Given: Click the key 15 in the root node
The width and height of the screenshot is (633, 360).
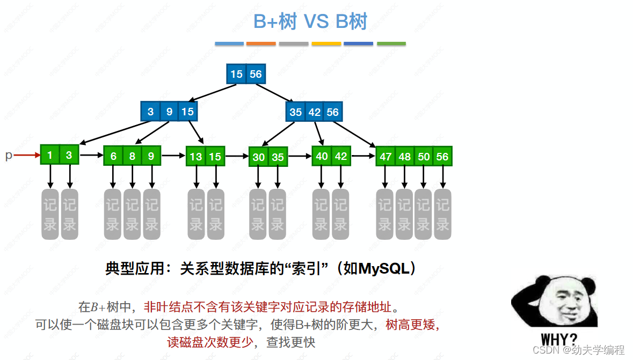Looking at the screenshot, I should click(236, 74).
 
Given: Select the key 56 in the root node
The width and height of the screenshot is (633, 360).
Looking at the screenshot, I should click(256, 74).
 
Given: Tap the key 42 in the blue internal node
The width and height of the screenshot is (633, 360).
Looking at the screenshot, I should click(315, 112).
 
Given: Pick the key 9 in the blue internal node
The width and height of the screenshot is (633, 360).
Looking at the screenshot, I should click(169, 112).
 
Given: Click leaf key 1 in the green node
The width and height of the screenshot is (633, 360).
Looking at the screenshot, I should click(50, 156).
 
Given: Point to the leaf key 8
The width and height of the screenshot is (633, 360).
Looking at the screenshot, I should click(132, 156).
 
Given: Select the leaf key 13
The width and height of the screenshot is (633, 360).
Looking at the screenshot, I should click(196, 157).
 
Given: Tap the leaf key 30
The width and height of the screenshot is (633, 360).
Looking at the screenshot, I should click(259, 157).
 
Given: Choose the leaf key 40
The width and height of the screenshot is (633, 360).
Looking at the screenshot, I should click(322, 156).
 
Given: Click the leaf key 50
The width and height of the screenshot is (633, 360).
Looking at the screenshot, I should click(424, 157).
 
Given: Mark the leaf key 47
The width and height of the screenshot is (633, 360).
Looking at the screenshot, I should click(385, 157).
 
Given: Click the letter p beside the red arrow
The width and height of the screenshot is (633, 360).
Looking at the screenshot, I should click(8, 156).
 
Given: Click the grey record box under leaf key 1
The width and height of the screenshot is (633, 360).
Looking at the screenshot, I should click(50, 214).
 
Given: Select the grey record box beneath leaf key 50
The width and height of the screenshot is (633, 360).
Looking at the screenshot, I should click(423, 214).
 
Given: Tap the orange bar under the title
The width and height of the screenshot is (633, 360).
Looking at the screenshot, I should click(261, 43).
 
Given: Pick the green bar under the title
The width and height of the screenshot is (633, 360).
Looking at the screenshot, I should click(391, 43).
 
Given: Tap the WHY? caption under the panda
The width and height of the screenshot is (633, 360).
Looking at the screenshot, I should click(559, 340).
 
